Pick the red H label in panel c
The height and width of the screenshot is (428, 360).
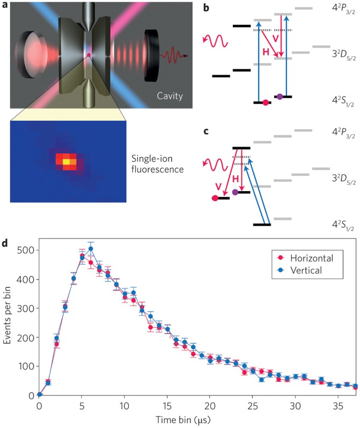pyautogui.click(x=236, y=179)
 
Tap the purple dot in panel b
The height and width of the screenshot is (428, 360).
pyautogui.click(x=280, y=97)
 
